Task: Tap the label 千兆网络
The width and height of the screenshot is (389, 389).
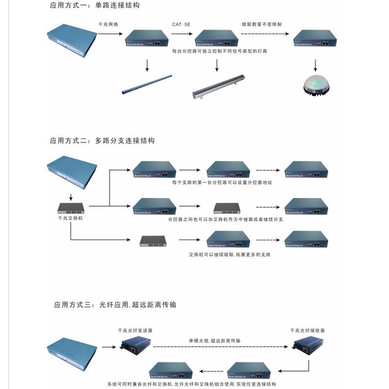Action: click(x=108, y=23)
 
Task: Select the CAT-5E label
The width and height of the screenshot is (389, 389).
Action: click(x=182, y=23)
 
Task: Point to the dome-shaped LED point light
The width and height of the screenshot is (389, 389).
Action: click(x=316, y=86)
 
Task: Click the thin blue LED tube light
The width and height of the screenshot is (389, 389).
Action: click(x=146, y=84)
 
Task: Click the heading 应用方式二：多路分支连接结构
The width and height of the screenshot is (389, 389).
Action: click(x=102, y=141)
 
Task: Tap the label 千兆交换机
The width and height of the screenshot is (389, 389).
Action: click(x=71, y=219)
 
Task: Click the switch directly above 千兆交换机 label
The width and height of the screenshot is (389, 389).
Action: click(x=71, y=208)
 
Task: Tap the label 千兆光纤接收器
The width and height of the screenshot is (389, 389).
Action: click(x=307, y=330)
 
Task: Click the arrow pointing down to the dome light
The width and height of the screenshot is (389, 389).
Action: click(x=316, y=64)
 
